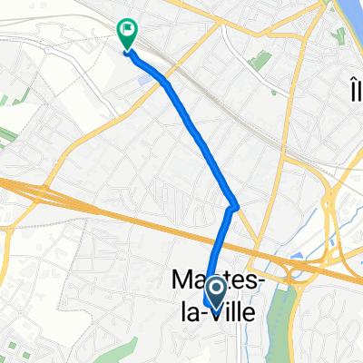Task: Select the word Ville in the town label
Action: (234, 309)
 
